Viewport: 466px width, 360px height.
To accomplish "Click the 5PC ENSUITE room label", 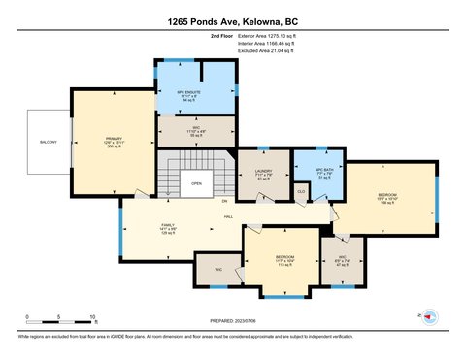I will pyautogui.click(x=193, y=97).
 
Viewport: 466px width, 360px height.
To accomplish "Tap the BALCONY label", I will pyautogui.click(x=50, y=143).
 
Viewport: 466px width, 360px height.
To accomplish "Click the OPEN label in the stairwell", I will pyautogui.click(x=196, y=182).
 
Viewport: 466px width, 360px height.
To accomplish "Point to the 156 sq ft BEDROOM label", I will pyautogui.click(x=386, y=198).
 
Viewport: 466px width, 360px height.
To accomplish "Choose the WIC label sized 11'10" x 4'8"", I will pyautogui.click(x=196, y=132).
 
